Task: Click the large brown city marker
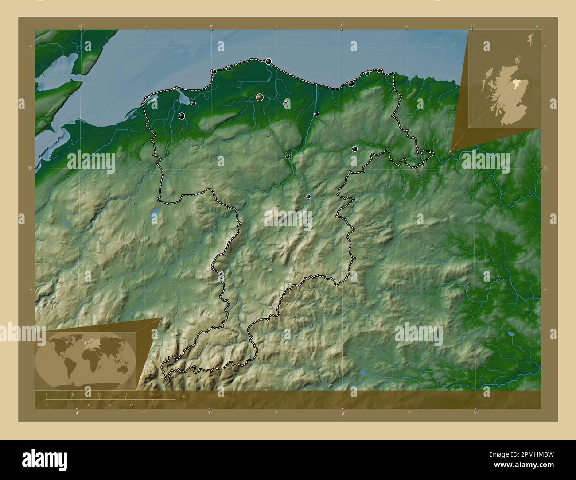[260, 97]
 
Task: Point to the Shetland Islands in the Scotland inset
[530, 38]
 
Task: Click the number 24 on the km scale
[152, 394]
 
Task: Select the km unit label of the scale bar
[183, 396]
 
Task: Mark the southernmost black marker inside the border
[308, 196]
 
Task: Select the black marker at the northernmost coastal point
[269, 62]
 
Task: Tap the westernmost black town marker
[182, 116]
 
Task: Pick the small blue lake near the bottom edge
[363, 373]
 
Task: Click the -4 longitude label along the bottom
[77, 413]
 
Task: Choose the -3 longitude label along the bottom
[342, 413]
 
